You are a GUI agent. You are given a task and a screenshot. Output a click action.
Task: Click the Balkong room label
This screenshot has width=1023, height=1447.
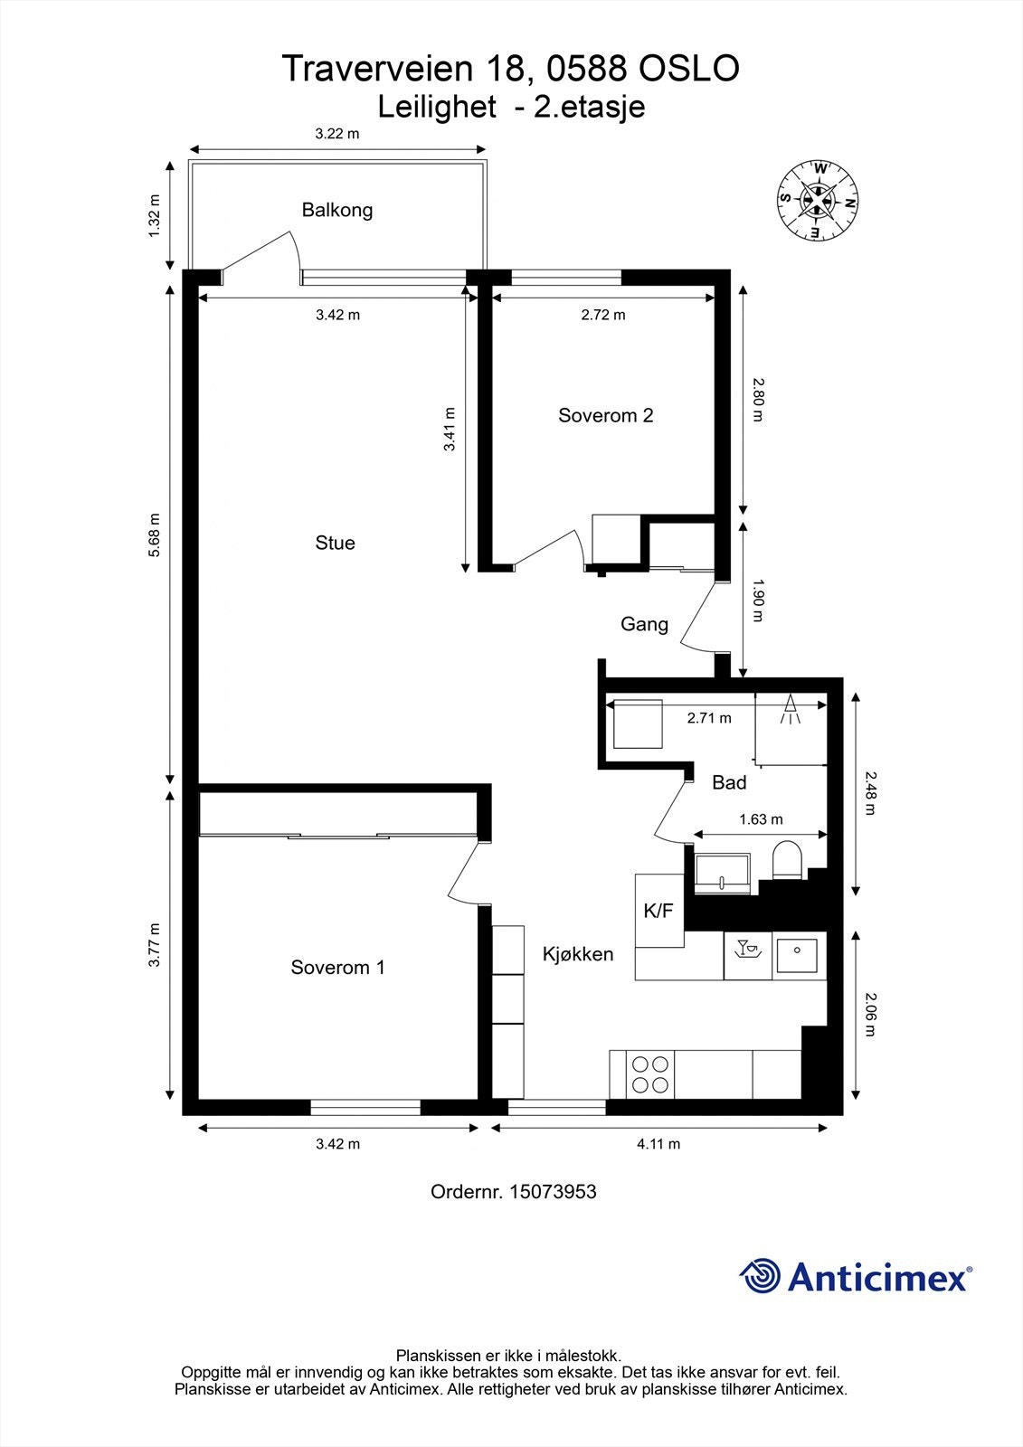tap(337, 211)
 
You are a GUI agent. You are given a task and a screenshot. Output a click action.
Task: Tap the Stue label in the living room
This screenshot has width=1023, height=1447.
tap(335, 543)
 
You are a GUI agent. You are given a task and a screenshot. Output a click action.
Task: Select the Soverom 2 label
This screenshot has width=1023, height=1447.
tap(605, 415)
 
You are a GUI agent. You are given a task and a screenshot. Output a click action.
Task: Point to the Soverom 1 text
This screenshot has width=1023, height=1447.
tap(337, 967)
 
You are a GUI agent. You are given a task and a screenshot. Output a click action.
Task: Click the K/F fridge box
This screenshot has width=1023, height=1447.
tap(659, 911)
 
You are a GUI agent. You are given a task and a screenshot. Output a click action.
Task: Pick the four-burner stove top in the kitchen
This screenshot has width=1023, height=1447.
tap(650, 1074)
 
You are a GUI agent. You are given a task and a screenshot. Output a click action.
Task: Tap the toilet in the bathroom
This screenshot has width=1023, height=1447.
tap(787, 860)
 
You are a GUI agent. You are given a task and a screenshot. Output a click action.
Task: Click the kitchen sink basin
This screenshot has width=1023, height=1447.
tap(798, 956)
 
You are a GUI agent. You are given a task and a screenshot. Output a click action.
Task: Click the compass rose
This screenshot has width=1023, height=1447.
tap(818, 200)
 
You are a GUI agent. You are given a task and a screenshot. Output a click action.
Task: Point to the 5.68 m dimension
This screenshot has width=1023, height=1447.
tap(154, 534)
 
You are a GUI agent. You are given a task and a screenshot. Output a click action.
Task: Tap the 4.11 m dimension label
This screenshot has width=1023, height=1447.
tap(658, 1144)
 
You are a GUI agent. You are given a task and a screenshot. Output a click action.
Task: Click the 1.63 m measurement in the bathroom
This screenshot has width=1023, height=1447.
tap(761, 819)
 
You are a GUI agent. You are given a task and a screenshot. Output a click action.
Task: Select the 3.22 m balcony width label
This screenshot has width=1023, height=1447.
tap(336, 134)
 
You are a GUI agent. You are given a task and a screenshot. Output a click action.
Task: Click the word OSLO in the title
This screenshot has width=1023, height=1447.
tap(689, 69)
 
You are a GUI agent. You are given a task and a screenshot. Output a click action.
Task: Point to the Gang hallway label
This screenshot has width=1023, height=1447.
tap(644, 625)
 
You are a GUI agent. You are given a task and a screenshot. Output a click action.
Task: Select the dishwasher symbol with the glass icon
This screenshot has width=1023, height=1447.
tap(748, 955)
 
